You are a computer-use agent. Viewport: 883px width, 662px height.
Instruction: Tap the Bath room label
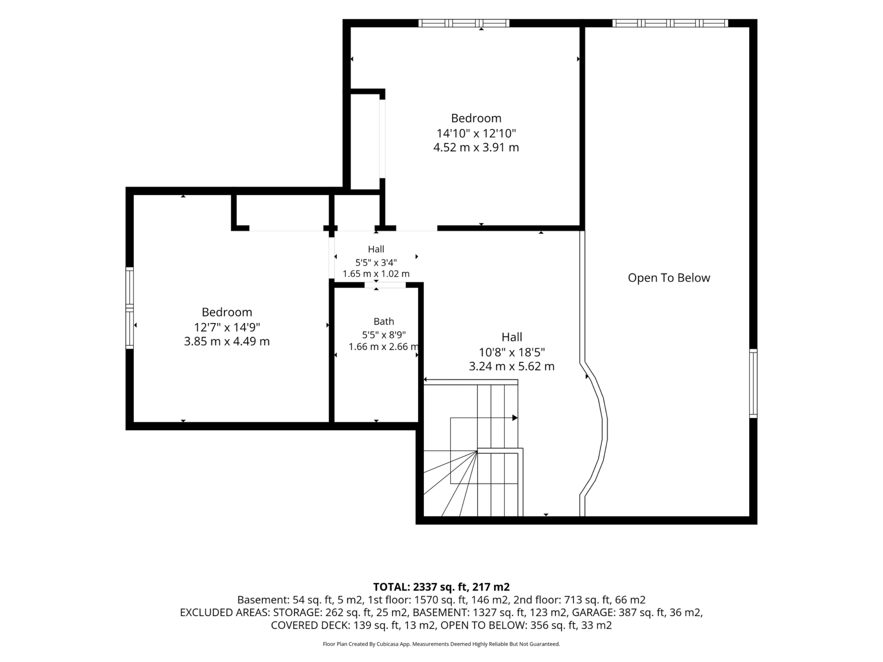tap(384, 321)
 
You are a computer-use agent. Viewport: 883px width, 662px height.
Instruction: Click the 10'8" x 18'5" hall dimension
tap(512, 352)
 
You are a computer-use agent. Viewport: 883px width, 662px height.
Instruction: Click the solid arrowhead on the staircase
tap(515, 418)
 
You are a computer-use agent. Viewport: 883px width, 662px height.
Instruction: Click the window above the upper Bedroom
tap(464, 23)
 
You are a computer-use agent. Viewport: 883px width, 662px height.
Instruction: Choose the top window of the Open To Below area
tap(670, 23)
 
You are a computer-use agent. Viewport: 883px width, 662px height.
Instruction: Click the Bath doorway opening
tap(385, 285)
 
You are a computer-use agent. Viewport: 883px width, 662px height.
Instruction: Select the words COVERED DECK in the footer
tap(310, 625)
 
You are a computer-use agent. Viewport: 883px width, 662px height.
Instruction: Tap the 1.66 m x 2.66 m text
tap(384, 347)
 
